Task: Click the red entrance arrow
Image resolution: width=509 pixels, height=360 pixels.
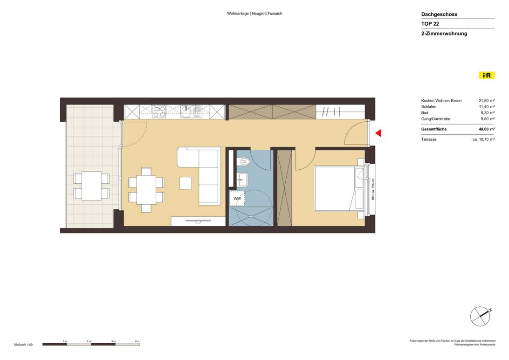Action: pyautogui.click(x=378, y=133)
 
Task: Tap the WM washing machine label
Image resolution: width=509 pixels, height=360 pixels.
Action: pyautogui.click(x=237, y=199)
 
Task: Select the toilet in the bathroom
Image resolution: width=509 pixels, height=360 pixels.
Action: pyautogui.click(x=243, y=161)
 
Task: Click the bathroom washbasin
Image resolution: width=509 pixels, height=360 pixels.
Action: pyautogui.click(x=241, y=177)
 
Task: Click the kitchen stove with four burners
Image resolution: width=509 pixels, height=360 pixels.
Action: pyautogui.click(x=159, y=111)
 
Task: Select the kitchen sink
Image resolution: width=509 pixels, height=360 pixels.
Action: pyautogui.click(x=187, y=111)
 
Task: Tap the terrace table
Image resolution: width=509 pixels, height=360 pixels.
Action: pyautogui.click(x=91, y=186)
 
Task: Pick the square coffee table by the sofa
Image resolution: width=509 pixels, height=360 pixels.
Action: pyautogui.click(x=186, y=183)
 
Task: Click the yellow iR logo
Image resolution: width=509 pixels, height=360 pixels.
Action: pyautogui.click(x=487, y=75)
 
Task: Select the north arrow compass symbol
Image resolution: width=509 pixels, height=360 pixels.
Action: pyautogui.click(x=480, y=317)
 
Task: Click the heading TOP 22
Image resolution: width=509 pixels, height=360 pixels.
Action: pyautogui.click(x=430, y=24)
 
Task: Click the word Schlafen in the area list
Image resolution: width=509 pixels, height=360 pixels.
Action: pyautogui.click(x=429, y=107)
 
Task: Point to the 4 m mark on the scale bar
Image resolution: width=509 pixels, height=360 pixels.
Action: pyautogui.click(x=137, y=342)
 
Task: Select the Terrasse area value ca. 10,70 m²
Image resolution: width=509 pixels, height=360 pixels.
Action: pyautogui.click(x=483, y=139)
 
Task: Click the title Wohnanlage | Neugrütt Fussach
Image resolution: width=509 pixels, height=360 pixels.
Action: pyautogui.click(x=254, y=14)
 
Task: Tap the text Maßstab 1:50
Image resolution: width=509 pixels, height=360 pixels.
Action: pyautogui.click(x=23, y=345)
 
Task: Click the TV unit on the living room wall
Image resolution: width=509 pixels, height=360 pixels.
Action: pyautogui.click(x=198, y=221)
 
